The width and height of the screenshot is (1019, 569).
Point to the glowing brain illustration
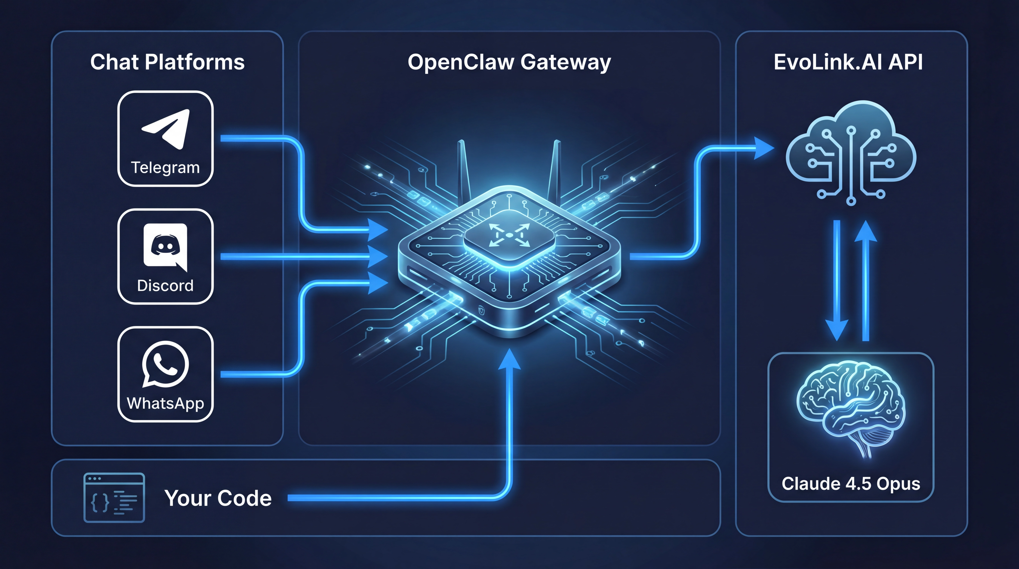(x=851, y=407)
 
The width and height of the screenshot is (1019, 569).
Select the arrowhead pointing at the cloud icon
(x=764, y=148)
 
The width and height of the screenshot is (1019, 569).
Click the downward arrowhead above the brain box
(x=836, y=330)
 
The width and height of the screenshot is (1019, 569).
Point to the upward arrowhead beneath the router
(x=509, y=359)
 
